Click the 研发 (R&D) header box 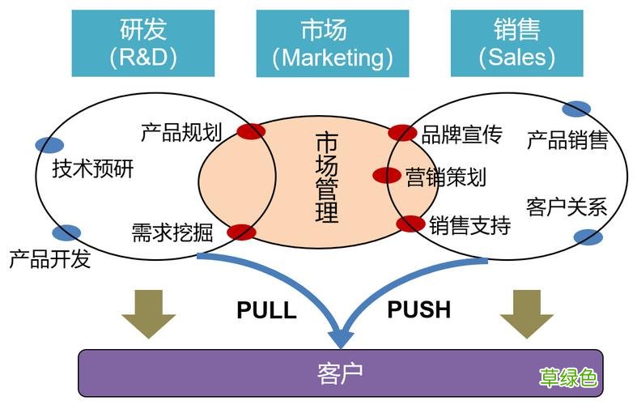point(143,43)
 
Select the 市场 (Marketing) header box point(332,43)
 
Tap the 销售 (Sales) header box point(516,43)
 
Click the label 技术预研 point(93,169)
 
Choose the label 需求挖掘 point(172,233)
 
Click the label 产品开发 point(50,259)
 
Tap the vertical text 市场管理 point(326,177)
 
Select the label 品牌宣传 point(462,134)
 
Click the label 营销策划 point(446,177)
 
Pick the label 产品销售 point(567,141)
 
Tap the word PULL point(266,310)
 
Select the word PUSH point(418,309)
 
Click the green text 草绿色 point(569,377)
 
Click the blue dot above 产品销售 point(576,109)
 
